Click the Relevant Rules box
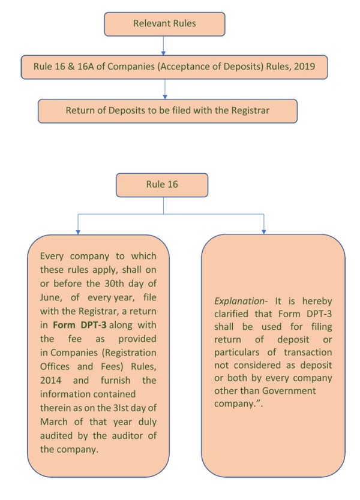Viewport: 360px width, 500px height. tap(164, 24)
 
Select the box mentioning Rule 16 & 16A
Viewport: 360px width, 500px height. tap(175, 67)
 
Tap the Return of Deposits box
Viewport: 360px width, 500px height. tap(167, 110)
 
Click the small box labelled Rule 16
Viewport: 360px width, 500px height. tap(163, 185)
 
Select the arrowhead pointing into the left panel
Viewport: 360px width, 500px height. tap(76, 230)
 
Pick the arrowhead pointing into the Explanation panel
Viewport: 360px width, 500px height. tap(263, 230)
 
